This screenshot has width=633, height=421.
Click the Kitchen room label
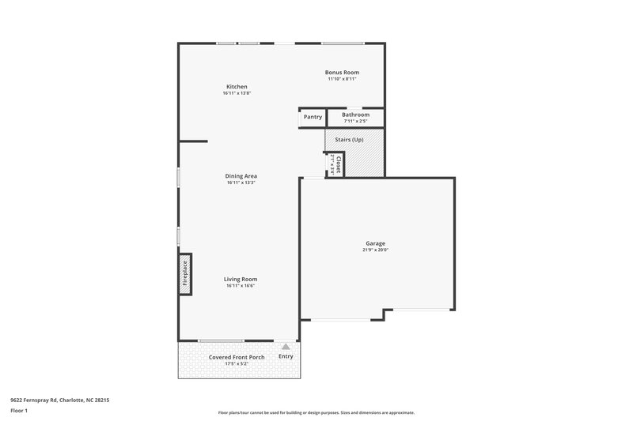237,86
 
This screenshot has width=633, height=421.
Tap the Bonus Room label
343,72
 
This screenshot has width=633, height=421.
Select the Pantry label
313,117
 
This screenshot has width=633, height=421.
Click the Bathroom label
355,115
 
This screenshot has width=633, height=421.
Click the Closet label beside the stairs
338,164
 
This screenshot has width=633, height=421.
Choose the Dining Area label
241,175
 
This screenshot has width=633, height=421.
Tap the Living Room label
241,279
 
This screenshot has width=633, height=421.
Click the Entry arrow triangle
286,346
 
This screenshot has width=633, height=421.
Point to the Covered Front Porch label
237,357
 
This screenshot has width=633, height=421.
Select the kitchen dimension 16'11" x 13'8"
237,93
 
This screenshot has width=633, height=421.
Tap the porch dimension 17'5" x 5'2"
237,364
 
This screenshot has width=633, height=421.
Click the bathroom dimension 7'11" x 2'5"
355,121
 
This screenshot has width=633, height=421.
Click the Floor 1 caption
20,411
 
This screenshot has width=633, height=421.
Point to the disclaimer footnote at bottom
316,412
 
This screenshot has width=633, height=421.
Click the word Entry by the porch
286,357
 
